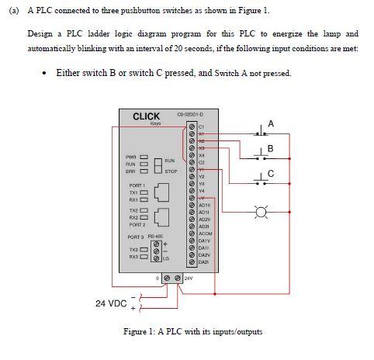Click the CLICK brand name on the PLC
point(146,116)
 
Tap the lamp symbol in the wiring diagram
point(261,210)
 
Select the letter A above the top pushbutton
point(270,124)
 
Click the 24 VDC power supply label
point(111,303)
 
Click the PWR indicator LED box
point(144,157)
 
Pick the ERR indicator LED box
point(144,171)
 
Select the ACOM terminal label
point(205,234)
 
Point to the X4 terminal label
point(201,154)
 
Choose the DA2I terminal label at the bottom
point(204,263)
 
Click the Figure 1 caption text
point(193,332)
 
